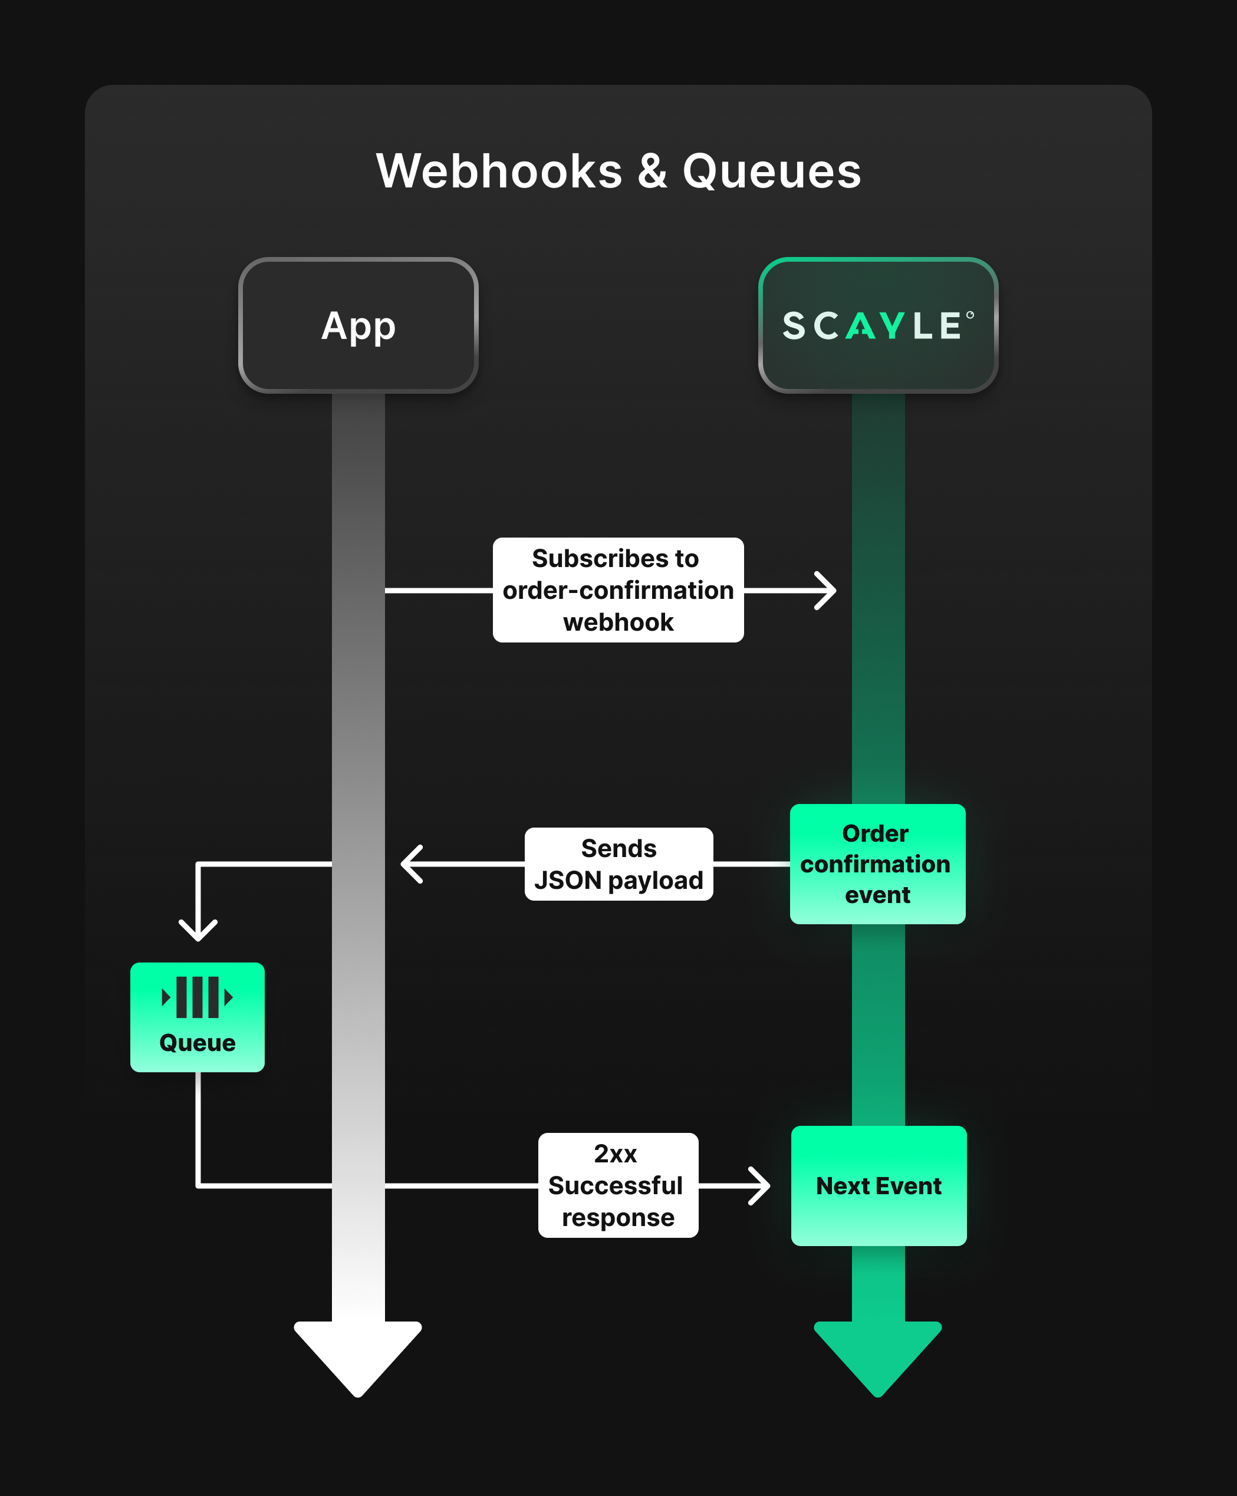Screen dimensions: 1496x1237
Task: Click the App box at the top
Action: point(358,325)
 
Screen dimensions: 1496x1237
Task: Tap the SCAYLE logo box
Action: point(878,325)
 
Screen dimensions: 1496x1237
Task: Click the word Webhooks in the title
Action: point(499,172)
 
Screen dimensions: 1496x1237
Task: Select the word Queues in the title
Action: point(772,172)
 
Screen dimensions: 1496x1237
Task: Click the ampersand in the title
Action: point(652,172)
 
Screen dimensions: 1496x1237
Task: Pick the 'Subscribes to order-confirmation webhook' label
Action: point(618,590)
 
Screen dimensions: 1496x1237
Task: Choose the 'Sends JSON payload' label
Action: point(618,864)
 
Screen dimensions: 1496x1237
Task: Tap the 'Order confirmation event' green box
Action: point(877,864)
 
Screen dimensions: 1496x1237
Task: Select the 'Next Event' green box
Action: point(879,1185)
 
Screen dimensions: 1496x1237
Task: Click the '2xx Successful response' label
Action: point(618,1185)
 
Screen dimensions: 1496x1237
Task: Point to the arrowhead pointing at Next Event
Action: point(759,1185)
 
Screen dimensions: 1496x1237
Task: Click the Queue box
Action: point(198,1017)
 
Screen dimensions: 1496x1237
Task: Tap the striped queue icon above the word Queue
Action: point(198,997)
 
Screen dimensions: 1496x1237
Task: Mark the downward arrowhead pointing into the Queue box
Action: point(198,930)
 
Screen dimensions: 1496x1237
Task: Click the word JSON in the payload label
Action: point(568,881)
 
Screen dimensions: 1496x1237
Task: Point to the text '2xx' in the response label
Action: point(616,1154)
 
